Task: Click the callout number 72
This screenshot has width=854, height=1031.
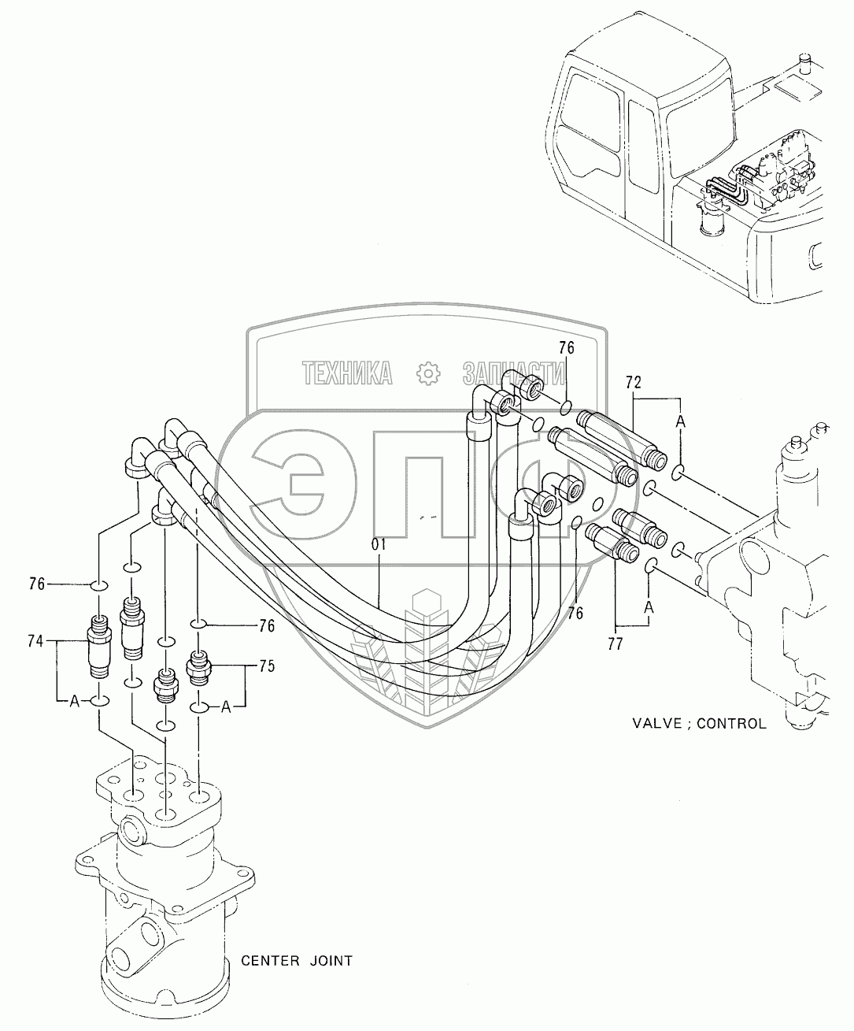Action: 634,384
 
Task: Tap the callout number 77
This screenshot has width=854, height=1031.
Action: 616,643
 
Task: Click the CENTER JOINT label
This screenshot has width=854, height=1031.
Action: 296,960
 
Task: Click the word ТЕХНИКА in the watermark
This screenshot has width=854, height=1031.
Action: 347,373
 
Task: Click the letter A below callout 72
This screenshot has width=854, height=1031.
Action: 681,423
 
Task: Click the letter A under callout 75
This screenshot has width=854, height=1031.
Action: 226,706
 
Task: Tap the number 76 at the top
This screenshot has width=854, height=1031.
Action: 567,347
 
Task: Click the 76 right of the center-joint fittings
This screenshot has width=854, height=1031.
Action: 267,626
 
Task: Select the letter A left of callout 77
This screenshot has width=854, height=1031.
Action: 648,606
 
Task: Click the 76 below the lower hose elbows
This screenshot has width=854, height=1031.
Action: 575,613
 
